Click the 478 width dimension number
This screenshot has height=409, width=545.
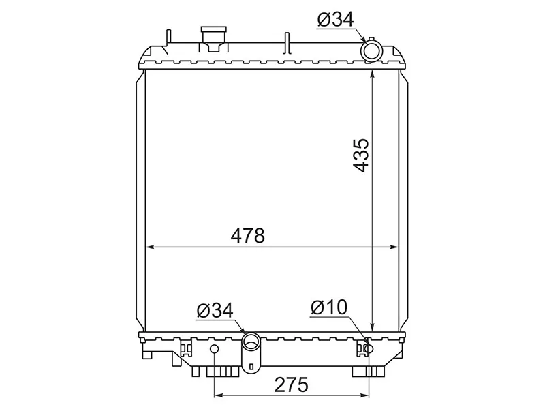pyautogui.click(x=247, y=235)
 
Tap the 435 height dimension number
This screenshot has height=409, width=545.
pyautogui.click(x=360, y=155)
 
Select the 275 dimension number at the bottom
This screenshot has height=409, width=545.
pyautogui.click(x=292, y=384)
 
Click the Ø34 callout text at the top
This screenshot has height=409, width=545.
pyautogui.click(x=335, y=20)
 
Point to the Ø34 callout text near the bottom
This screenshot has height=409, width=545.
pyautogui.click(x=215, y=310)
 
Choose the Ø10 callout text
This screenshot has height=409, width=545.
pyautogui.click(x=329, y=307)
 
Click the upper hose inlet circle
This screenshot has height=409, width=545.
pyautogui.click(x=371, y=52)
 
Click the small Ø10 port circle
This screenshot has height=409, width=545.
pyautogui.click(x=369, y=348)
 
